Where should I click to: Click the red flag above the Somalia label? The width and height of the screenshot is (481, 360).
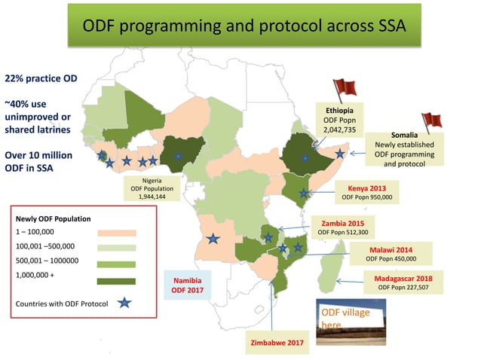(431, 121)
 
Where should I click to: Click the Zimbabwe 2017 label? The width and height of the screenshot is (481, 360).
(277, 343)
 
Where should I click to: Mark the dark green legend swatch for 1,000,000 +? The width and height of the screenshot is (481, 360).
(116, 281)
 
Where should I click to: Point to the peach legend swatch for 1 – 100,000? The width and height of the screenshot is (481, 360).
(116, 233)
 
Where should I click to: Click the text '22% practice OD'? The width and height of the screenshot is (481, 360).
(41, 78)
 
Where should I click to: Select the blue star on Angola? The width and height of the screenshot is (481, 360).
(213, 239)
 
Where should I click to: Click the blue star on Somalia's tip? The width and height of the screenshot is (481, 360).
(340, 153)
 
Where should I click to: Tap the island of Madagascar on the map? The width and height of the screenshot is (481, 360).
(328, 273)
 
